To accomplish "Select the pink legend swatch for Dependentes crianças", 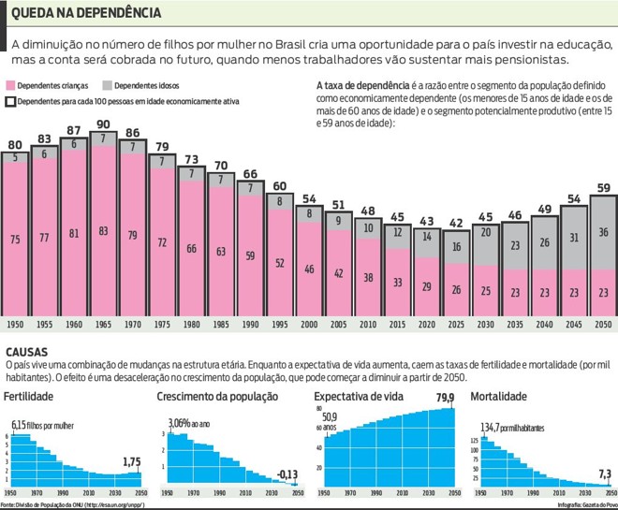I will [11, 84].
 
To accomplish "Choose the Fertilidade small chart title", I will [28, 397].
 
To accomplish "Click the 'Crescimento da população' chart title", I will [217, 397].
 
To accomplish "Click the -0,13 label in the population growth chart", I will [287, 475].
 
